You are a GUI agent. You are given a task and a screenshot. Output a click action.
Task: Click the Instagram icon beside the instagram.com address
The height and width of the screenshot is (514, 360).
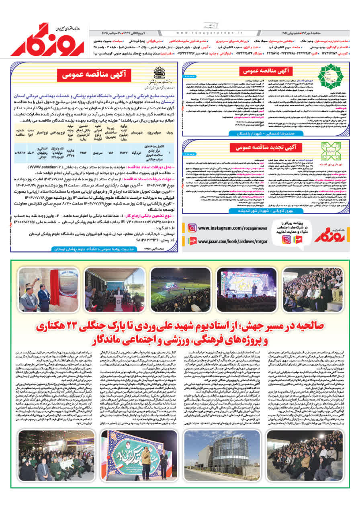tap(192, 228)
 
